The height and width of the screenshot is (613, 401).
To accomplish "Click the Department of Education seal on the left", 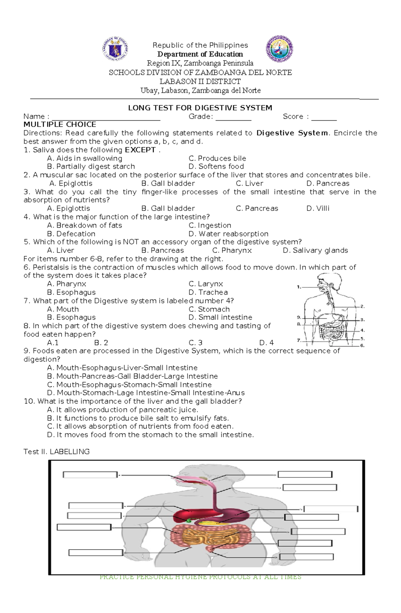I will tap(115, 49).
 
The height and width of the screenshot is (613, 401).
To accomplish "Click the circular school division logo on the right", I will tap(279, 49).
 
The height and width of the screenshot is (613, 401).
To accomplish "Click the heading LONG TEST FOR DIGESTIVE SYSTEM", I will tap(200, 108).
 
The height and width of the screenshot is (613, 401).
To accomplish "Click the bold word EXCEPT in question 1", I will tap(140, 150).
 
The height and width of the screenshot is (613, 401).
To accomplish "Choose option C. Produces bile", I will tap(217, 158).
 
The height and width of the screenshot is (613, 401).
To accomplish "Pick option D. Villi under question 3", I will tap(318, 208).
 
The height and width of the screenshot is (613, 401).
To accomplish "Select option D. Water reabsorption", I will tap(228, 234).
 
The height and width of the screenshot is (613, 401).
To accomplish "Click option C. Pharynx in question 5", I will tap(232, 251).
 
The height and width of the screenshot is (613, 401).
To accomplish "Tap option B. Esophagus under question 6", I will tap(71, 292).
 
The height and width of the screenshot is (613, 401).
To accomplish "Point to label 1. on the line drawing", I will tap(299, 287).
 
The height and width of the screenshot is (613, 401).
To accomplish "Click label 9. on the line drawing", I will tap(299, 317).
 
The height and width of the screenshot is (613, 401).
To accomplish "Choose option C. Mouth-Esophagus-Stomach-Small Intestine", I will tap(129, 385).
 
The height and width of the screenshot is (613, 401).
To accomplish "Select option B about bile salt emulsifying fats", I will tap(138, 418).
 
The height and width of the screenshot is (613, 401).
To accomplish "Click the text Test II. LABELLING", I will tap(56, 452).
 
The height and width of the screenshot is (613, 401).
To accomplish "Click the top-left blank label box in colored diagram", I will tap(90, 475).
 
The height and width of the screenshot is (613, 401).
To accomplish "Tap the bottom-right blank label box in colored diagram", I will tap(306, 557).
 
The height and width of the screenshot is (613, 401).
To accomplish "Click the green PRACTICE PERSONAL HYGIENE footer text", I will tap(200, 577).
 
